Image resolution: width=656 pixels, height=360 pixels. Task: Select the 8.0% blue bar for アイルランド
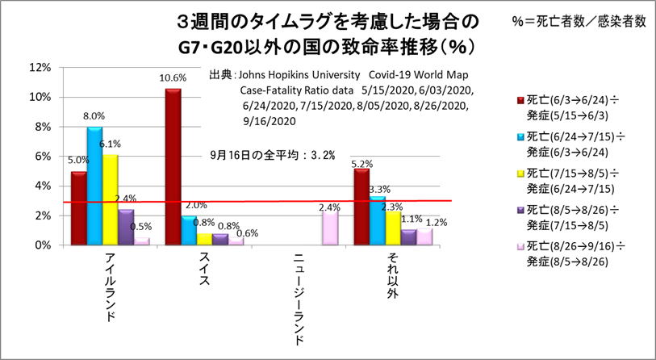(94, 186)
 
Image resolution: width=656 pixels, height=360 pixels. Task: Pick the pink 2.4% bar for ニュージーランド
(330, 227)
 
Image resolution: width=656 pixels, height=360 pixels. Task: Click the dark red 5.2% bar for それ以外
(361, 206)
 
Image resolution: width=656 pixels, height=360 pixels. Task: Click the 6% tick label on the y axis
(41, 157)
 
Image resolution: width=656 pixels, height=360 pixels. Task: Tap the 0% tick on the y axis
(41, 245)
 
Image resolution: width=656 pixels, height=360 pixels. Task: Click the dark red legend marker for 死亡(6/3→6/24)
(520, 98)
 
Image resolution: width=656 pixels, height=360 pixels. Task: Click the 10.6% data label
(174, 78)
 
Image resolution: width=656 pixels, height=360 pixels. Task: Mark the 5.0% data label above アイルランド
(79, 161)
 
